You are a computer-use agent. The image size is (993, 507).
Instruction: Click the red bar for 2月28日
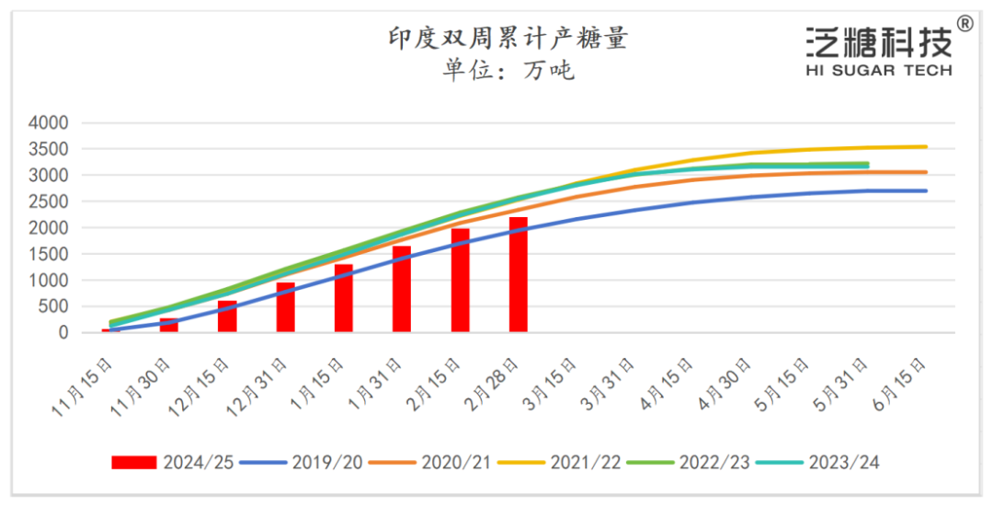[519, 274]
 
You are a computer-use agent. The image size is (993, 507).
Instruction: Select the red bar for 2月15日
[461, 280]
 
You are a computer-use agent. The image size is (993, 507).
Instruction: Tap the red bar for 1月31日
[402, 289]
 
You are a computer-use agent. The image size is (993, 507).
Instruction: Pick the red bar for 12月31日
[286, 307]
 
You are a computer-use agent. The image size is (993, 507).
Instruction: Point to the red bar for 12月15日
[227, 317]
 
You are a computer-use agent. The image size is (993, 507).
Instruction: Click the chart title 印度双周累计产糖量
[508, 39]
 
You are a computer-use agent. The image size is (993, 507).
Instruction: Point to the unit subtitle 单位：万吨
[508, 70]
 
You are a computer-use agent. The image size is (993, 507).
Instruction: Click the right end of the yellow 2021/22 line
[925, 146]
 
